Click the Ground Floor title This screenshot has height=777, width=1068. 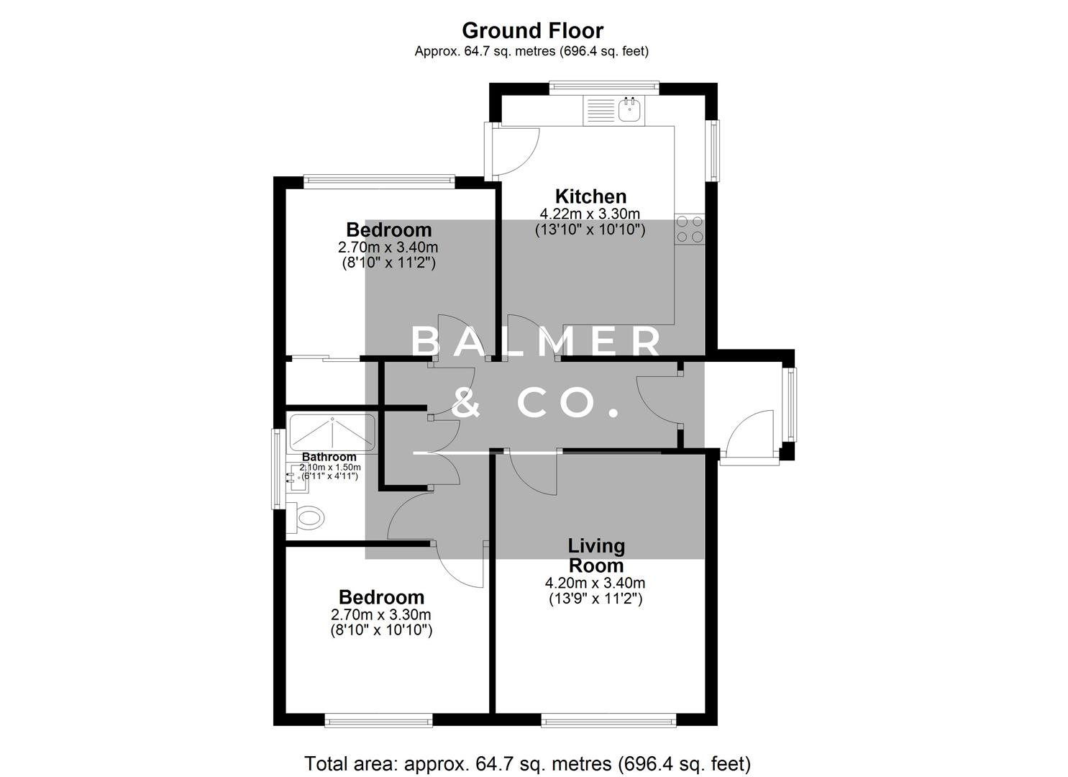[x=532, y=30]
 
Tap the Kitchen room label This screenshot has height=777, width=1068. [x=590, y=196]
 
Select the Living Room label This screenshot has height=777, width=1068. [x=596, y=555]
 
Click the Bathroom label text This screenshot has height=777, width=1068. [x=329, y=457]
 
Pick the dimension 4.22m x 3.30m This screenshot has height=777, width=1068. [x=590, y=214]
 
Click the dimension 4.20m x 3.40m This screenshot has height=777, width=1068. [x=595, y=583]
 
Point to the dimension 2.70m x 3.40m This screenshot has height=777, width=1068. [x=388, y=247]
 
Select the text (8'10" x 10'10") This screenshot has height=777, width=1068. [x=381, y=631]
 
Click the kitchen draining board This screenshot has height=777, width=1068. [x=599, y=109]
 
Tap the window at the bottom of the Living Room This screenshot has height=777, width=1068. [x=608, y=719]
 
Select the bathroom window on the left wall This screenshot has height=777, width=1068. [x=277, y=468]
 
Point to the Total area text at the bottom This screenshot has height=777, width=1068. [x=527, y=763]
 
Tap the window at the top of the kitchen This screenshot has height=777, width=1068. [x=604, y=87]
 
